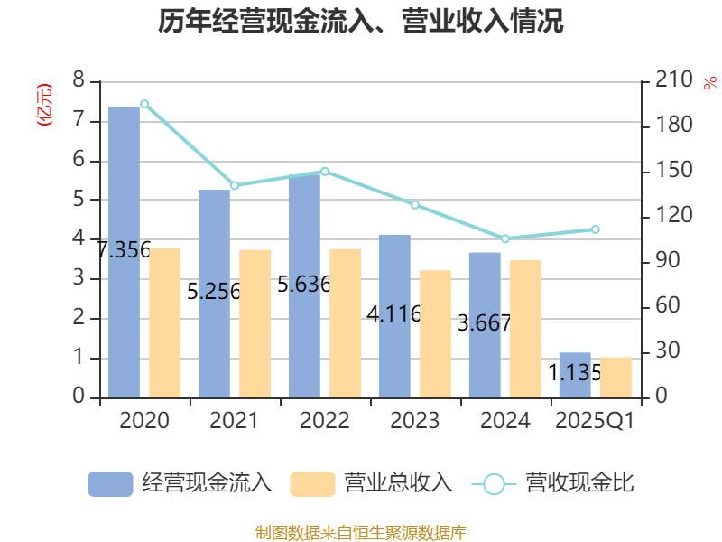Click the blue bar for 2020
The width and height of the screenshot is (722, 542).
125,252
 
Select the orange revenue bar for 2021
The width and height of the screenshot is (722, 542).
255,322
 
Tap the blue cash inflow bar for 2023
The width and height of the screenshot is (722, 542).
394,315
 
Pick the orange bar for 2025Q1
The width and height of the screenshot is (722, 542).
616,377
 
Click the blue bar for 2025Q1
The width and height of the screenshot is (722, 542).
575,374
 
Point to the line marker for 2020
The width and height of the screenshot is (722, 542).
144,104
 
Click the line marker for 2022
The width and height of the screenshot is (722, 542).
325,172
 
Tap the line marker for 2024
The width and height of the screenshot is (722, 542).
504,238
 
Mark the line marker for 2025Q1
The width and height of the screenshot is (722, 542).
596,229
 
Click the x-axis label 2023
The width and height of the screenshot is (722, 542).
415,421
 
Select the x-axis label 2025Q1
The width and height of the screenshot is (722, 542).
596,421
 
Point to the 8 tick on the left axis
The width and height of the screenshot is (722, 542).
79,80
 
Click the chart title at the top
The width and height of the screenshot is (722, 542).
361,21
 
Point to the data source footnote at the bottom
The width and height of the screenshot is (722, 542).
361,532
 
